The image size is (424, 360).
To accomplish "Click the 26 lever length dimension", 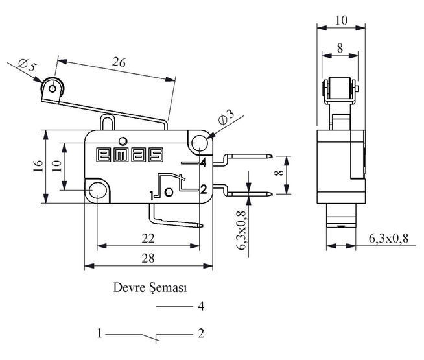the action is point(119,63).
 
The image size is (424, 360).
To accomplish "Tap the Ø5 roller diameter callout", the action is point(27,64).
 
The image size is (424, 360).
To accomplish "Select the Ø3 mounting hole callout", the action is point(226,118).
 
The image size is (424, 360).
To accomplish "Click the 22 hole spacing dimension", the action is point(148,238).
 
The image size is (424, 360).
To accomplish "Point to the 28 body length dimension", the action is point(148,258).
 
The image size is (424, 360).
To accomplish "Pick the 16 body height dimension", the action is point(38,166).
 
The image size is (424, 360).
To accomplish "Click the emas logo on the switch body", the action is point(130,155).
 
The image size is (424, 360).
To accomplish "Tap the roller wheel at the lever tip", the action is point(53,88).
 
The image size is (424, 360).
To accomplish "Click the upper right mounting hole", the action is point(200,142).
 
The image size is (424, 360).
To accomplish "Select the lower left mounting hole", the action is point(97,190).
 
